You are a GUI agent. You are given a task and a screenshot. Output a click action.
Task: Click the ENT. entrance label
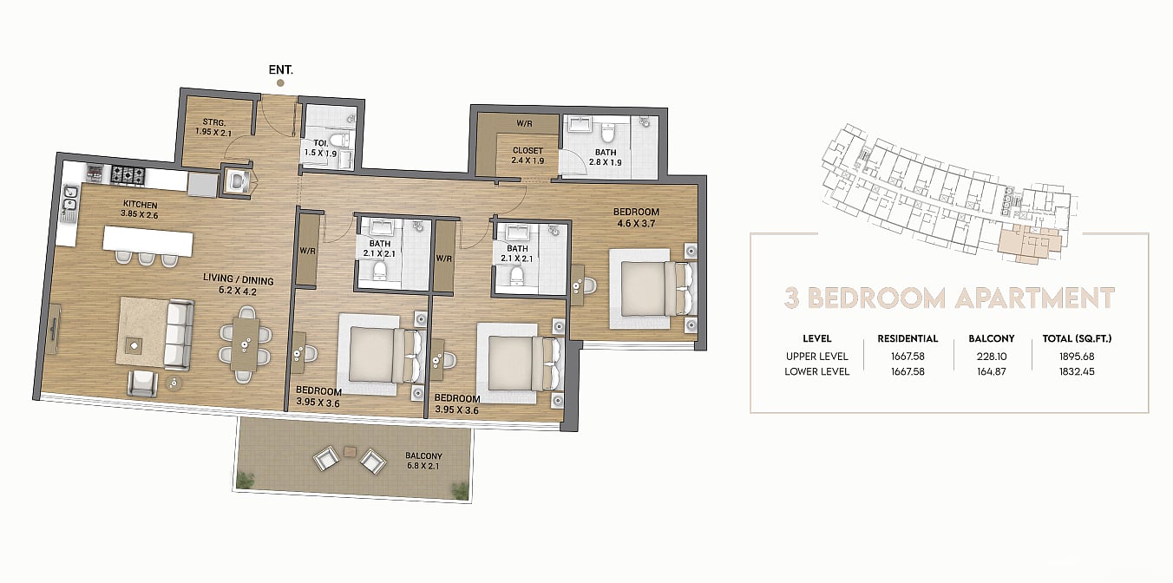pyautogui.click(x=281, y=69)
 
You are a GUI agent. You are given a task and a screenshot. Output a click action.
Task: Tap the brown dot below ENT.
pyautogui.click(x=281, y=82)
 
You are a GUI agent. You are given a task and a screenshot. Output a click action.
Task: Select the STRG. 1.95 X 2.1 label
pyautogui.click(x=213, y=128)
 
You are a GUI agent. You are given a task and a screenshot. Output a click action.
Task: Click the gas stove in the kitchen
pyautogui.click(x=128, y=175)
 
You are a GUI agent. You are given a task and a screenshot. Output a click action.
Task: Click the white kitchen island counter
pyautogui.click(x=147, y=241)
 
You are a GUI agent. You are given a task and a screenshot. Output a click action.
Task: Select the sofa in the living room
pyautogui.click(x=178, y=335)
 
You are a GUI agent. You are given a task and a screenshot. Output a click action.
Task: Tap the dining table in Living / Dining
pyautogui.click(x=245, y=345)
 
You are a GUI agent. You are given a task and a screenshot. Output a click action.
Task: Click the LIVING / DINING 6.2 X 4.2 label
pyautogui.click(x=239, y=285)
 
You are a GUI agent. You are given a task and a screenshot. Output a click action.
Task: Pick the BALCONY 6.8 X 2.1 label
pyautogui.click(x=423, y=461)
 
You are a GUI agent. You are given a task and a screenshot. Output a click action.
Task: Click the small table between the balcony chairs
pyautogui.click(x=350, y=450)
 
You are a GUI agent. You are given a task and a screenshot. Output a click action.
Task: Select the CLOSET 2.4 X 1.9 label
pyautogui.click(x=528, y=155)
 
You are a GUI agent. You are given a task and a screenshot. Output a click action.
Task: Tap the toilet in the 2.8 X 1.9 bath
pyautogui.click(x=607, y=132)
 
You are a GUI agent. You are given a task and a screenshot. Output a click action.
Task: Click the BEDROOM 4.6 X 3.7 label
pyautogui.click(x=636, y=218)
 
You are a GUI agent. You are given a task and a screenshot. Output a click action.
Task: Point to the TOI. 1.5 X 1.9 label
pyautogui.click(x=320, y=148)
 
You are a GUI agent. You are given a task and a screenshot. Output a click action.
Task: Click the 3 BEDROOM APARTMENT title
pyautogui.click(x=949, y=298)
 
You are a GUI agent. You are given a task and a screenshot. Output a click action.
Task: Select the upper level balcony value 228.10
pyautogui.click(x=992, y=357)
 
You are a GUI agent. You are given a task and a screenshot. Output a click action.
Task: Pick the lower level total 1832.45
pyautogui.click(x=1077, y=371)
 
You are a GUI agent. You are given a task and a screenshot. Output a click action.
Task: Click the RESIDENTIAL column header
pyautogui.click(x=908, y=339)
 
